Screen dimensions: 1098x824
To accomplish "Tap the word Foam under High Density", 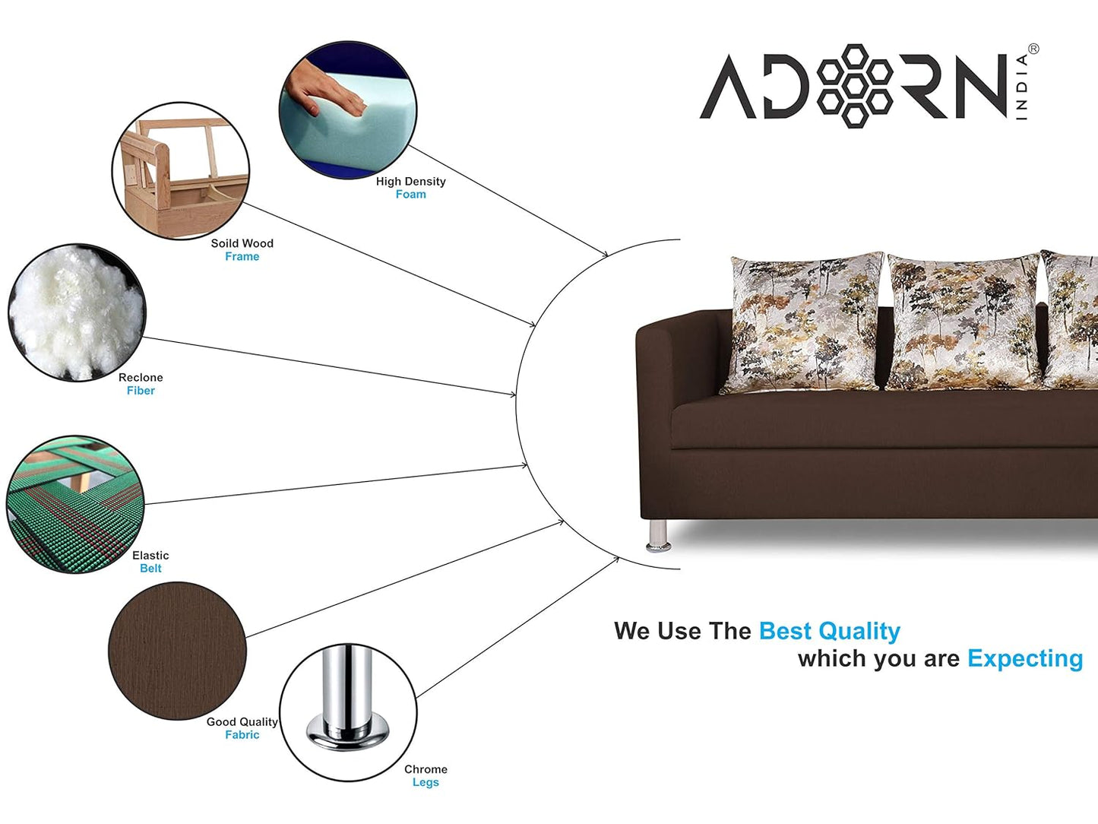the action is pos(410,194).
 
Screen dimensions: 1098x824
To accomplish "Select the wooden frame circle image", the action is pos(181,171).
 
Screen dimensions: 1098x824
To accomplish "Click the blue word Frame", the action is pos(242,256).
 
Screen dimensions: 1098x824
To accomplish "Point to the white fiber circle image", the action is pos(77,312).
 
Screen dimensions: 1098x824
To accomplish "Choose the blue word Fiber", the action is pos(141,390).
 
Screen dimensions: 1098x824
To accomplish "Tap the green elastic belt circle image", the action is pos(75,504).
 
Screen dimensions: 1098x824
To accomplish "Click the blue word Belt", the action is pos(150,569).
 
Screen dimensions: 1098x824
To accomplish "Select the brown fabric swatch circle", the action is pos(177,651).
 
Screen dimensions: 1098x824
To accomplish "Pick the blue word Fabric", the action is pos(242,734).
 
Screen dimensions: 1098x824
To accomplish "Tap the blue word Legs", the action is pos(426,782).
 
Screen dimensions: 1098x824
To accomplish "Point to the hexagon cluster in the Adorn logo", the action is pos(854,86).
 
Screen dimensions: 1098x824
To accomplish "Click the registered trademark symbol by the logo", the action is pos(1033,49).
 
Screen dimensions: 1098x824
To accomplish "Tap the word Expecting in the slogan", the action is pos(1025,658).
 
